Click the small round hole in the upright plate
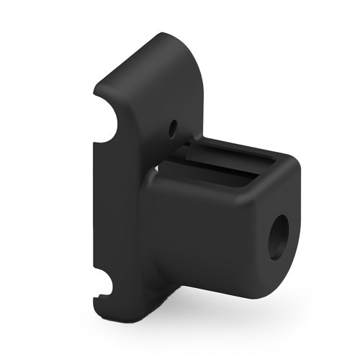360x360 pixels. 172,129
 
